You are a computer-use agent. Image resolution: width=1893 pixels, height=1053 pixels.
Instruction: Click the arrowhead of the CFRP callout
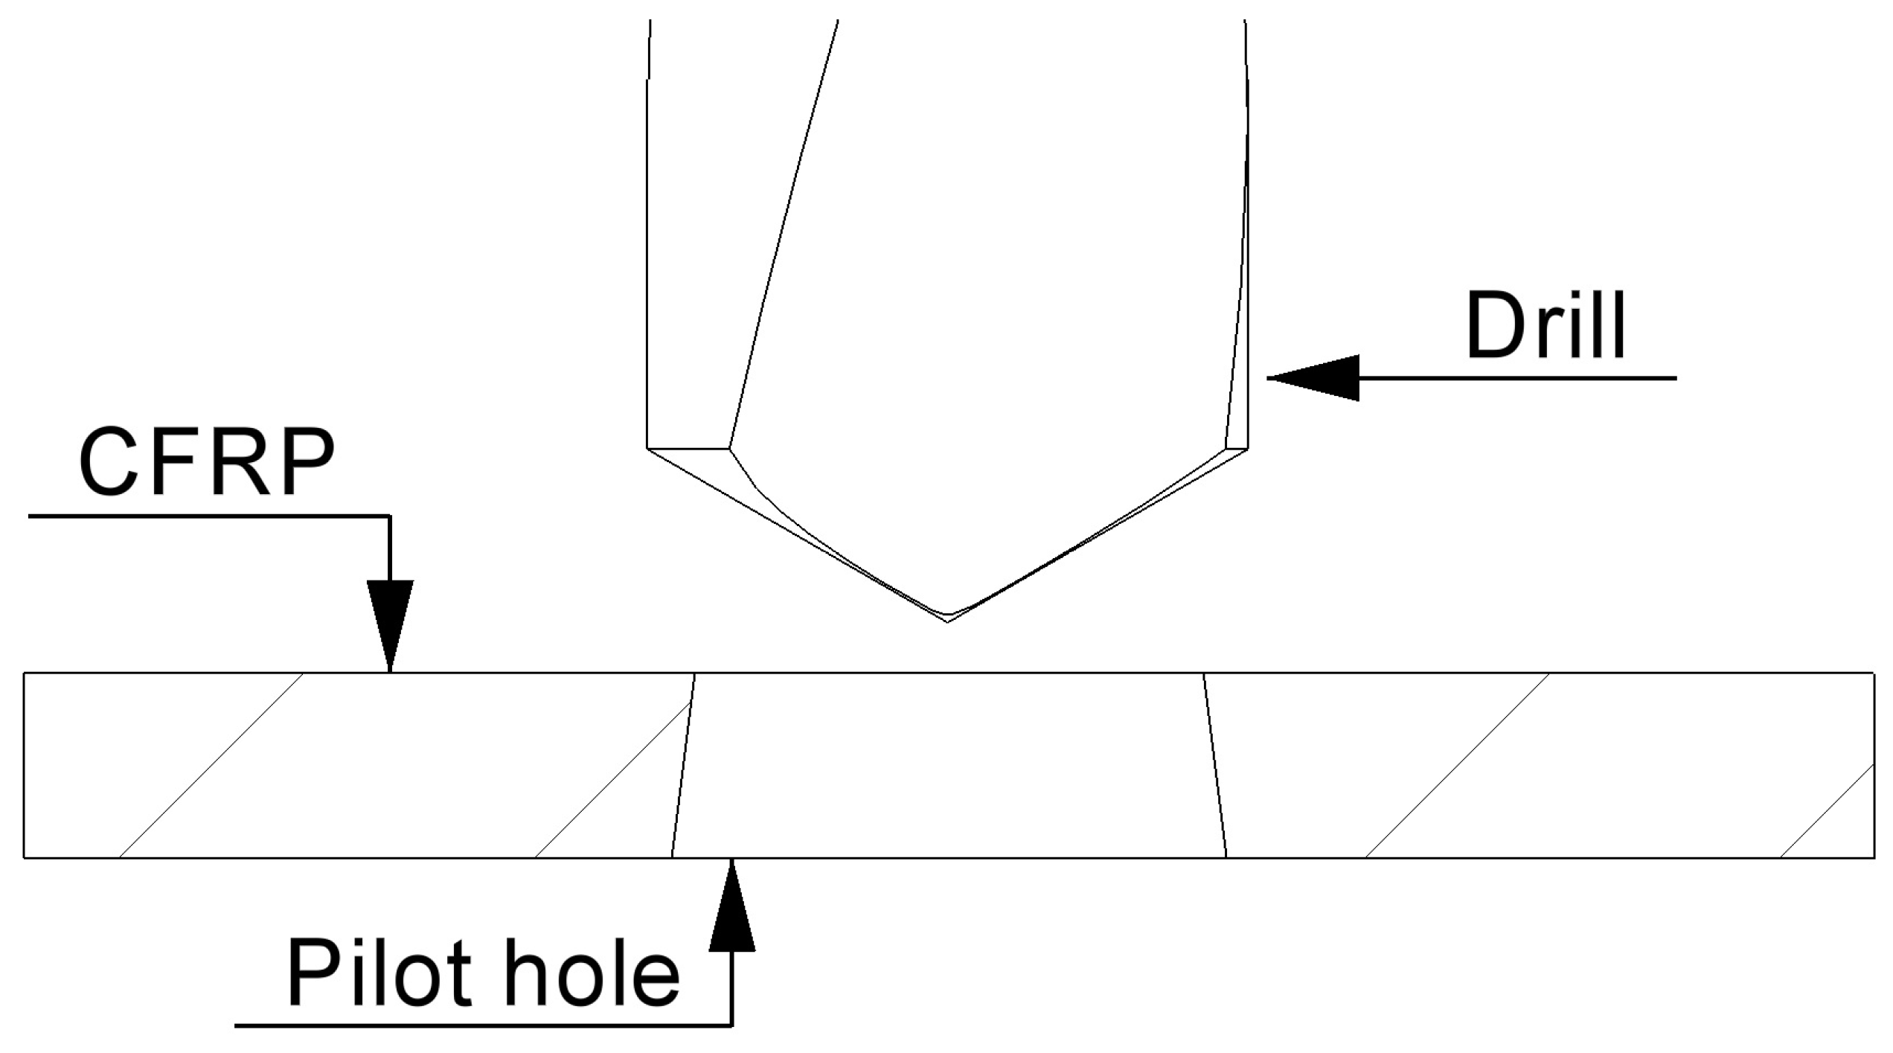[390, 625]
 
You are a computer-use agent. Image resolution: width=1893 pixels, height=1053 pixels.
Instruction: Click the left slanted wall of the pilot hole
[683, 766]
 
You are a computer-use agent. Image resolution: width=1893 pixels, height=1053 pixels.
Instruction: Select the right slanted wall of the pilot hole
[1214, 766]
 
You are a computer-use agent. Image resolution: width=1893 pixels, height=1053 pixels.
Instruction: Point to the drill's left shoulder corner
[648, 449]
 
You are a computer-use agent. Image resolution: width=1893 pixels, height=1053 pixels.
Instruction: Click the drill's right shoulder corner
[1247, 449]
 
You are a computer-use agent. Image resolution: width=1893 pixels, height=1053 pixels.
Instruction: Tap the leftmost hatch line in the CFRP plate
[211, 765]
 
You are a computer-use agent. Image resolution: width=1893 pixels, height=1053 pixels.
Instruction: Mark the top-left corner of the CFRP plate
[25, 673]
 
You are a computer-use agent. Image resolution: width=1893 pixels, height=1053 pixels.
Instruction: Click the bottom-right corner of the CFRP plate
[1874, 857]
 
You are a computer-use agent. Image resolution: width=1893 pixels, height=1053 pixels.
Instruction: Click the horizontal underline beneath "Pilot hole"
[484, 1026]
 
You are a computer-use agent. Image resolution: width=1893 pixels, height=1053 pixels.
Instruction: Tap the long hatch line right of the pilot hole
[1458, 765]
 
